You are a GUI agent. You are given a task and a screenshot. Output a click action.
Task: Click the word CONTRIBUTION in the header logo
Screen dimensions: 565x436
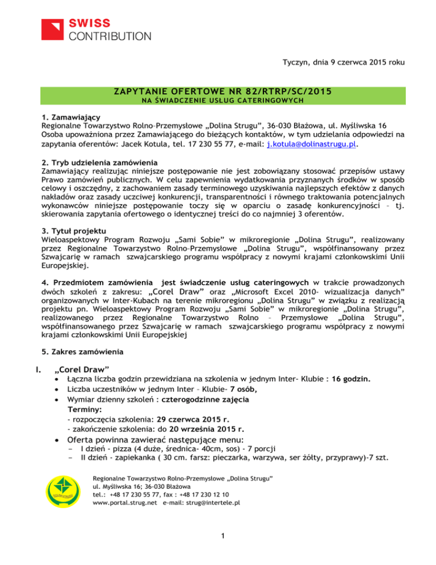110,37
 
